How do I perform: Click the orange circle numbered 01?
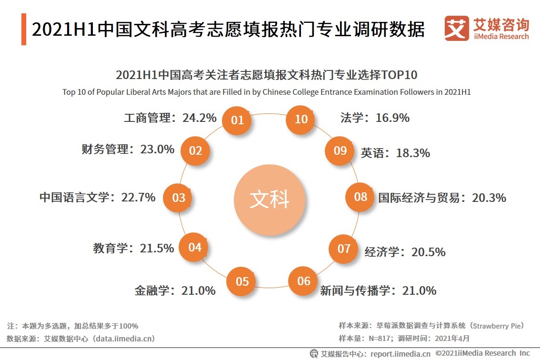pyautogui.click(x=237, y=120)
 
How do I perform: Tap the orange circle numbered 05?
pyautogui.click(x=242, y=281)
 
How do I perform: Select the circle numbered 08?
pyautogui.click(x=360, y=197)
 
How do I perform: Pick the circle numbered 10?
pyautogui.click(x=301, y=119)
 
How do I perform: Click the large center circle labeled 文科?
pyautogui.click(x=270, y=200)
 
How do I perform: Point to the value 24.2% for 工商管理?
pyautogui.click(x=200, y=118)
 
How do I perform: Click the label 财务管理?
pyautogui.click(x=105, y=149)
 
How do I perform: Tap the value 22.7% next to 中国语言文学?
pyautogui.click(x=138, y=197)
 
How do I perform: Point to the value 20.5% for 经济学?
pyautogui.click(x=429, y=252)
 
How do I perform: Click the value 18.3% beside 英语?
pyautogui.click(x=412, y=153)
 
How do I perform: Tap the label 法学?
pyautogui.click(x=351, y=118)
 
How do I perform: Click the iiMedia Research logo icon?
pyautogui.click(x=456, y=29)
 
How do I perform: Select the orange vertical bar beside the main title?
pyautogui.click(x=24, y=30)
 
